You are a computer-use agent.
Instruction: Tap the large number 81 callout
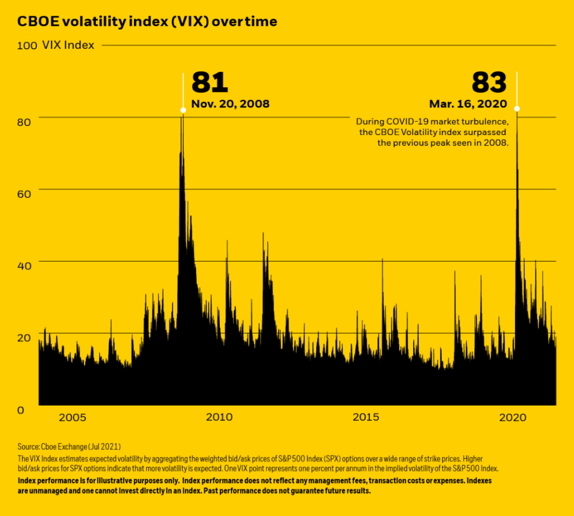pos(210,82)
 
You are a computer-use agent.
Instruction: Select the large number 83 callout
pos(489,82)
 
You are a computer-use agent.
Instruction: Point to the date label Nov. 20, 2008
pos(230,104)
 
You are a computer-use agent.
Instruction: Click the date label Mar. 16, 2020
pos(468,104)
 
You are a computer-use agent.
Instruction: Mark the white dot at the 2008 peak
pos(183,110)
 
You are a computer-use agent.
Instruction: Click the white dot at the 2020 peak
pos(517,109)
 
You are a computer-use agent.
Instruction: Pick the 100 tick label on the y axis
pos(27,45)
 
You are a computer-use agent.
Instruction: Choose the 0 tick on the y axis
pos(21,410)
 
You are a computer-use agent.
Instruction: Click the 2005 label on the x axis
pos(72,417)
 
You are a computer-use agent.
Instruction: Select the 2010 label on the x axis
pos(219,417)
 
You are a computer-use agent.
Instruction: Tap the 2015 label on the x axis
pos(366,417)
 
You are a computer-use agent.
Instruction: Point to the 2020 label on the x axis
pos(512,417)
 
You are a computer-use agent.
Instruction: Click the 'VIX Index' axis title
pos(68,45)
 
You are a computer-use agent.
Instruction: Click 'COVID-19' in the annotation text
pos(409,122)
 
